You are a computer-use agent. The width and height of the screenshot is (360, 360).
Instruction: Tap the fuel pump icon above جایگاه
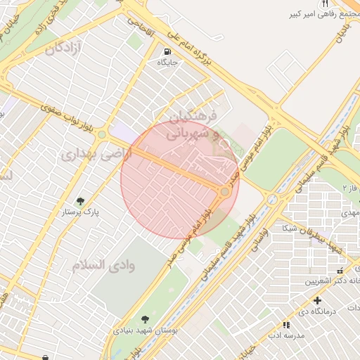click(x=167, y=51)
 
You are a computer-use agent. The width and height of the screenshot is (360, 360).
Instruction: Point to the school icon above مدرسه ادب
click(x=285, y=325)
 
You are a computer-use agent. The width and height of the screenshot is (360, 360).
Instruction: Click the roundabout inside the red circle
click(x=225, y=191)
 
